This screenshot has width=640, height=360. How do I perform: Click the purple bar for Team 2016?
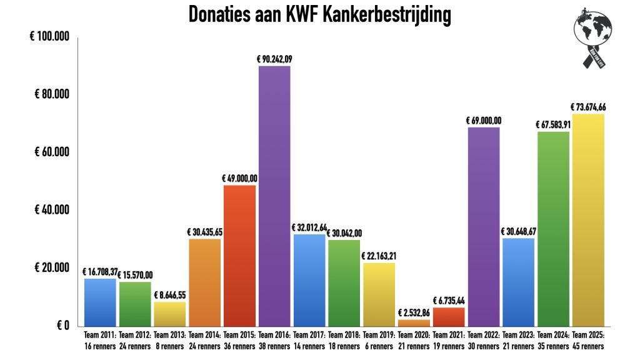tap(274, 195)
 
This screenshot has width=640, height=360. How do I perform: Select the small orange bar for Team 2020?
tap(414, 322)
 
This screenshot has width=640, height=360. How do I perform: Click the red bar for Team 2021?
tap(449, 316)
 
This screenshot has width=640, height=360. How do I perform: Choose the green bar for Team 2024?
tap(553, 229)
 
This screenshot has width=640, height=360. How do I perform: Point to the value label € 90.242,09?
tap(274, 59)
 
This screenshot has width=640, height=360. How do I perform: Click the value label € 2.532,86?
tap(414, 313)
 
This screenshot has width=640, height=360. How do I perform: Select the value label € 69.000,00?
tap(484, 121)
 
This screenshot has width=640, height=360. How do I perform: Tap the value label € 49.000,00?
tap(239, 179)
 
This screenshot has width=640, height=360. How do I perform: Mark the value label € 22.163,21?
tap(379, 256)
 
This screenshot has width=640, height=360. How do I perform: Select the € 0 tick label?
tap(62, 325)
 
